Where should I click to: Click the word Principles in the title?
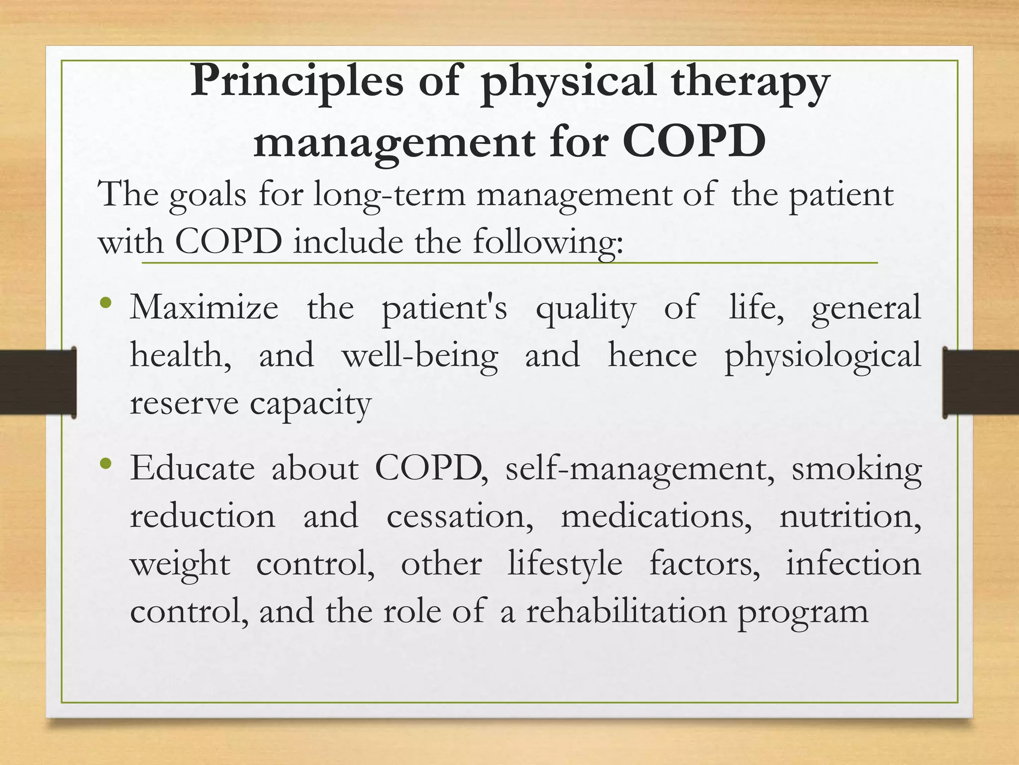(297, 81)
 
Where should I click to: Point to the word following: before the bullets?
(547, 243)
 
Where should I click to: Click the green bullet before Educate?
(105, 464)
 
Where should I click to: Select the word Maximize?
(204, 308)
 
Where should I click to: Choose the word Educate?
(193, 469)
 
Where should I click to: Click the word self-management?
(640, 470)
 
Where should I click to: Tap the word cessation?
(460, 516)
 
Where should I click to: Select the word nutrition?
(850, 516)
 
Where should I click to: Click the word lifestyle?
(565, 565)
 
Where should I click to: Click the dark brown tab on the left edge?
(37, 382)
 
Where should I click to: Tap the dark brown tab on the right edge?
(981, 382)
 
